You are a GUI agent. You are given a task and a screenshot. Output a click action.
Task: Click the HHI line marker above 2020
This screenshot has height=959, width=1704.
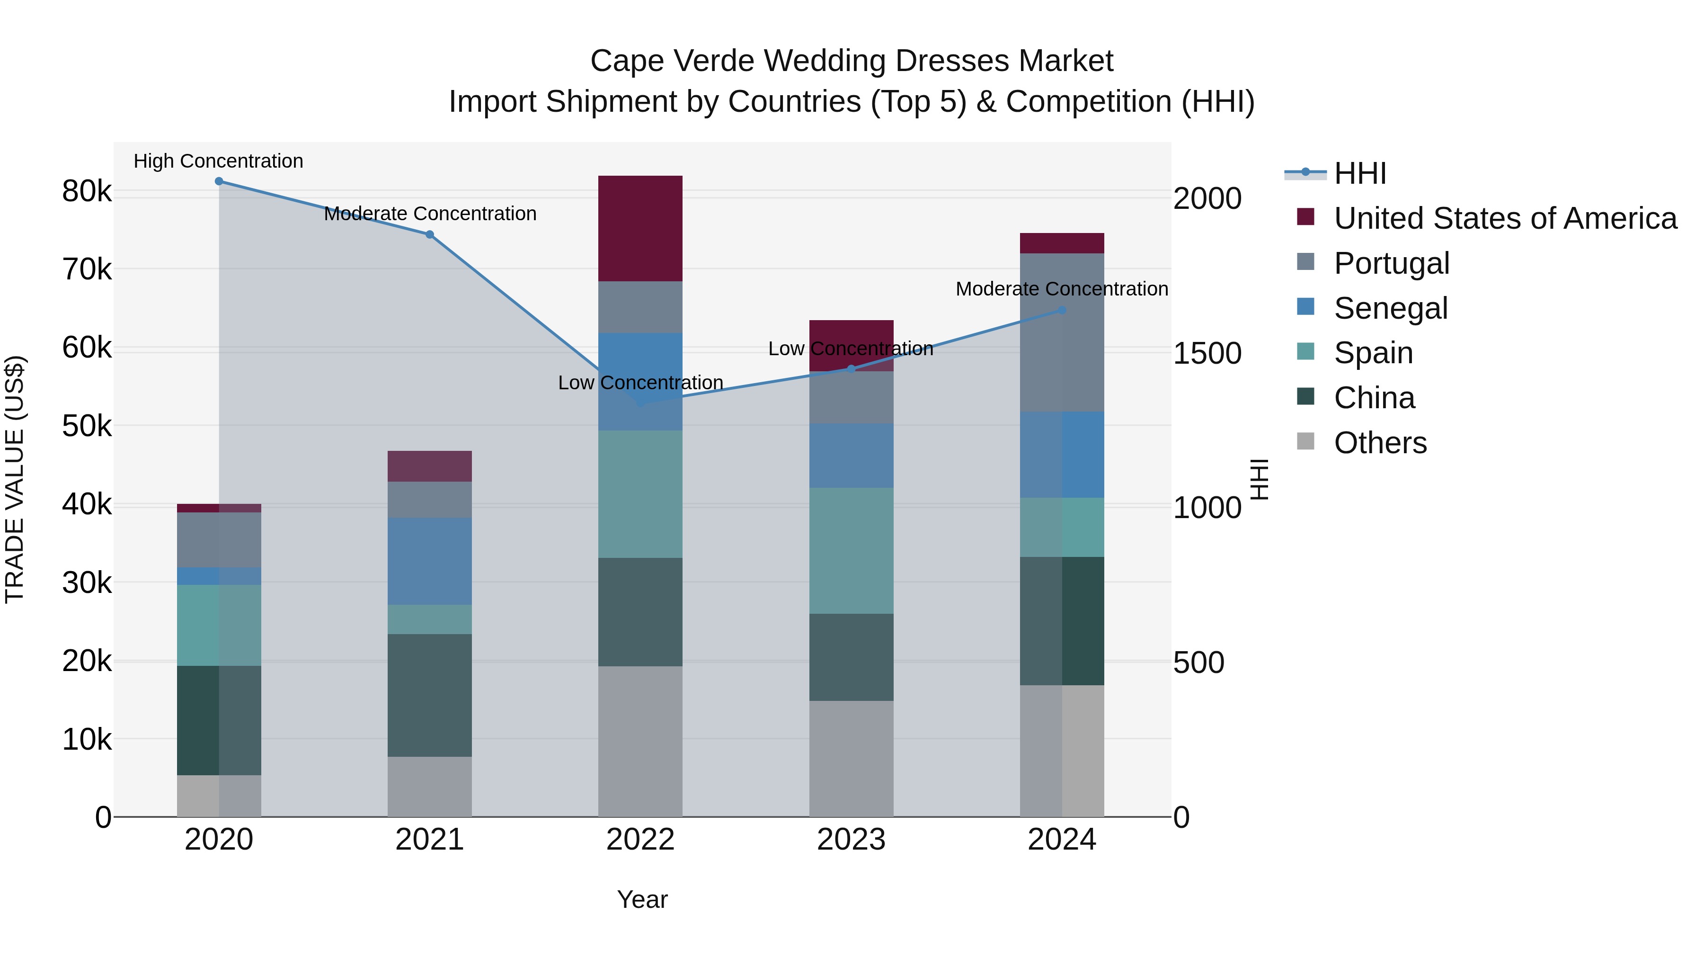(219, 181)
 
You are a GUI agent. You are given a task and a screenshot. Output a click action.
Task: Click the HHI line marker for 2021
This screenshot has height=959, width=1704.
(429, 234)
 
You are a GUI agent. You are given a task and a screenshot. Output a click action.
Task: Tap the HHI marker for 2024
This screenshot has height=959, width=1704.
(1062, 310)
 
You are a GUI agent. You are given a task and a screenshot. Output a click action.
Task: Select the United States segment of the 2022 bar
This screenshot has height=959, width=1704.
(640, 228)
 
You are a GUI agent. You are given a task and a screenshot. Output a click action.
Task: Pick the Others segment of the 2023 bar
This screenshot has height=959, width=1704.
(852, 759)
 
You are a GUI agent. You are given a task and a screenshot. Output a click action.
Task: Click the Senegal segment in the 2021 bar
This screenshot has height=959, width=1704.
(429, 561)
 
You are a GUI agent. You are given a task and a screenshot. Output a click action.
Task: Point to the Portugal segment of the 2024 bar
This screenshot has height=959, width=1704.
(1062, 332)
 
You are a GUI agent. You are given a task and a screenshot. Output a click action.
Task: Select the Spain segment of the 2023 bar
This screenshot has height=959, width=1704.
(852, 551)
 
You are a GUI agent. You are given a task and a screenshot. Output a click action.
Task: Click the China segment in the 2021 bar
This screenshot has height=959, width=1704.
(429, 695)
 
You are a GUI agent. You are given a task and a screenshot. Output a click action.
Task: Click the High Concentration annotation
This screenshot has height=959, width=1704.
(218, 161)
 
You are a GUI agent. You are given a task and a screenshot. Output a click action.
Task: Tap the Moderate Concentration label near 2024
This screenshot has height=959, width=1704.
(1062, 289)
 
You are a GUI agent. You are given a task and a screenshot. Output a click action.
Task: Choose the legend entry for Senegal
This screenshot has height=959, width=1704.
(1391, 308)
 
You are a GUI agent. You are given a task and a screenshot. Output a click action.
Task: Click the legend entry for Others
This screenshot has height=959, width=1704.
(1380, 443)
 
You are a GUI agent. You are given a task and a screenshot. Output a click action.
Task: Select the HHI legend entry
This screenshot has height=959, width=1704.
(1359, 173)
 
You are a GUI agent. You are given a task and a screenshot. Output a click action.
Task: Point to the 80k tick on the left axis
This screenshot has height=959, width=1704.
(87, 192)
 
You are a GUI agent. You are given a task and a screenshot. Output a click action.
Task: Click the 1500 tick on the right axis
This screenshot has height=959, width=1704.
(1207, 353)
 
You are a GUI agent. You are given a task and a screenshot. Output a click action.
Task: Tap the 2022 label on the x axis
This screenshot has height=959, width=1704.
(640, 840)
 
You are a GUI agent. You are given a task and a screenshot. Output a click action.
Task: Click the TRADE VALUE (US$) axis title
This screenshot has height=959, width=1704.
(15, 479)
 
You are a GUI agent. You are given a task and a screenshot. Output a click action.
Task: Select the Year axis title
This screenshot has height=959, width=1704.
(642, 899)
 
